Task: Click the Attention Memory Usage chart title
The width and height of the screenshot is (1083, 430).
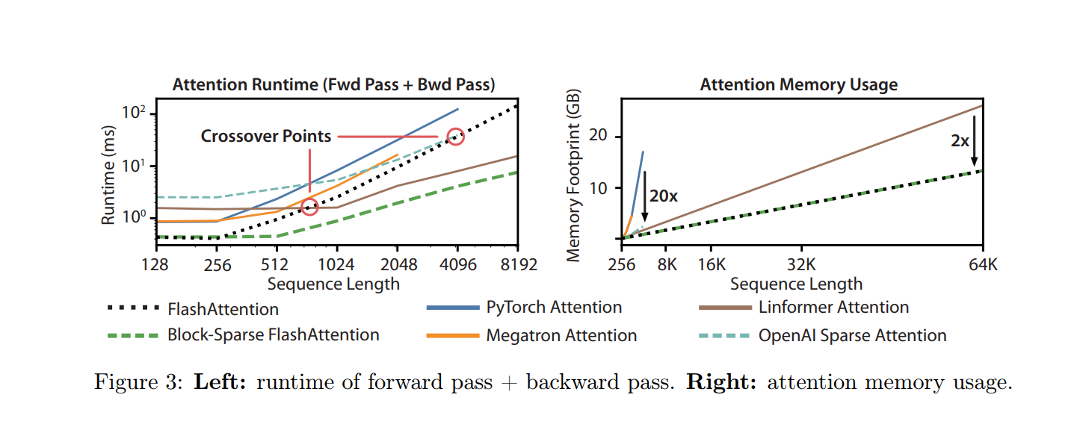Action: [798, 85]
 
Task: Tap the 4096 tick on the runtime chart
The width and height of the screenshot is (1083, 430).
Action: [457, 264]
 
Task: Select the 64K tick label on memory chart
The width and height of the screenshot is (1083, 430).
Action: [981, 264]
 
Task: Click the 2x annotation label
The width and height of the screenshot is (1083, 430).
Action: [960, 140]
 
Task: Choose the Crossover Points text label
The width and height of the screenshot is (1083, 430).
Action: [265, 137]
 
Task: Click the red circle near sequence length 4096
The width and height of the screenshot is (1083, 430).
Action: [456, 136]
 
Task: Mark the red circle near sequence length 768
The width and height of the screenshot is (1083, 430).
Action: [310, 207]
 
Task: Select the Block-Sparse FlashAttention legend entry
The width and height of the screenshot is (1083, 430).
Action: [274, 335]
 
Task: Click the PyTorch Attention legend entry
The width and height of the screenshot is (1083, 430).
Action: [554, 308]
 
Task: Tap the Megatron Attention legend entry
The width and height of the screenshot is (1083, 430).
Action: [561, 335]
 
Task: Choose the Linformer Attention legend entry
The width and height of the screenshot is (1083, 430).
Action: [833, 308]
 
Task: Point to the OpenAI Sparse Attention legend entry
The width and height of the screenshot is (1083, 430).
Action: [852, 335]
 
